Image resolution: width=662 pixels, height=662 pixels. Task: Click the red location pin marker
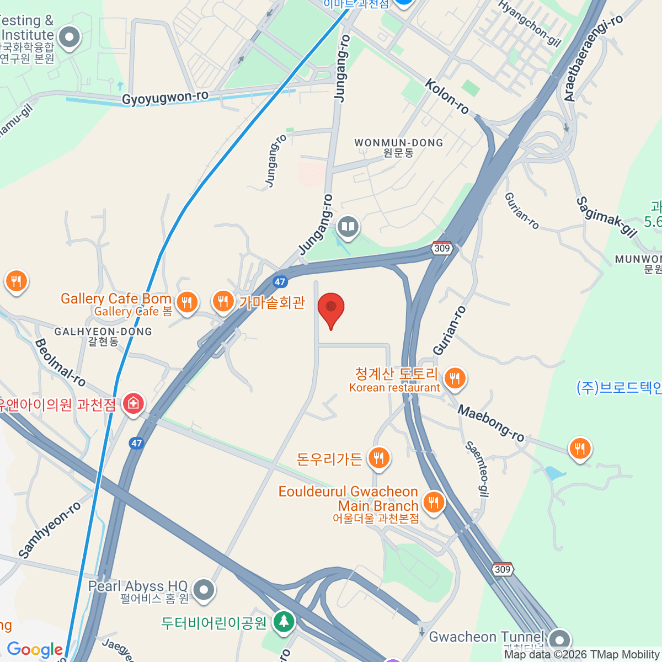pos(331,308)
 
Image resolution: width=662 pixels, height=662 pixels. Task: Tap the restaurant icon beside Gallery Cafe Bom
pos(187,302)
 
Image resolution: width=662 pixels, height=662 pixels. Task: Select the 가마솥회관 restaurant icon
pos(223,301)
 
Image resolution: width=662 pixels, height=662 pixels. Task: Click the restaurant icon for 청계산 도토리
pos(454,378)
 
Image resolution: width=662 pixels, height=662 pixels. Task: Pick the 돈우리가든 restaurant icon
pos(378,458)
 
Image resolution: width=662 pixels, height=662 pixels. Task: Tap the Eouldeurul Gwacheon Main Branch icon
pos(433,503)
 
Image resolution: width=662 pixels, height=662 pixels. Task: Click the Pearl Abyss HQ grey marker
pos(204,590)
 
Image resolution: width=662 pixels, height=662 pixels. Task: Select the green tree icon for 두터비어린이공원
pos(284,621)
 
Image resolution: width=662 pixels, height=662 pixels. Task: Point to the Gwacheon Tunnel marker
pos(560,640)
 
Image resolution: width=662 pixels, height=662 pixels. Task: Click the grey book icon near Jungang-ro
pos(348,226)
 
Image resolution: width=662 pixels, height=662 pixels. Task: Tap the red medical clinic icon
pos(133,404)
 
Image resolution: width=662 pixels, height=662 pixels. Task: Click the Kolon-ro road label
pos(447,97)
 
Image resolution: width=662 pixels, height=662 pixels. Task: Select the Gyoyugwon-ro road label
pos(165,98)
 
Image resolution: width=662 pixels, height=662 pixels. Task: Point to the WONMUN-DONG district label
pos(398,143)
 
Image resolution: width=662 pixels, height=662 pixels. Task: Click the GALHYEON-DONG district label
pos(103,332)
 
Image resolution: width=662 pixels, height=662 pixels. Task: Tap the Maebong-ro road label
pos(491,423)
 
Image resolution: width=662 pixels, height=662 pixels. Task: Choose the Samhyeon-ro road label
pos(50,530)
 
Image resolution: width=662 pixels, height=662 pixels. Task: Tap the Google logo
pos(35,650)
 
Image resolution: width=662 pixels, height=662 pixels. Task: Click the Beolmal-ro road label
pos(60,362)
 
